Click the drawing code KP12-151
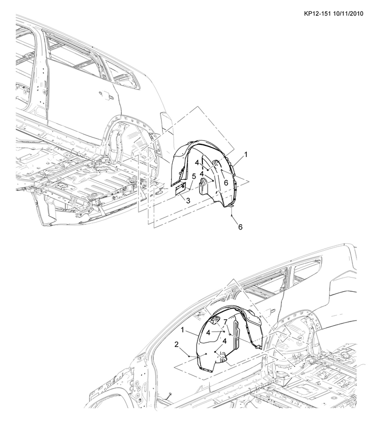click(x=317, y=14)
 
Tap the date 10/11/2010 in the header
click(x=348, y=14)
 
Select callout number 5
click(x=194, y=177)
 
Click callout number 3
click(x=188, y=201)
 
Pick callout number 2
click(x=176, y=345)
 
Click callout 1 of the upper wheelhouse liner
click(x=246, y=154)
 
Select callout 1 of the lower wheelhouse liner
click(x=182, y=330)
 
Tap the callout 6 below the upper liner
click(x=240, y=227)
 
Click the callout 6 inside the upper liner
click(x=226, y=183)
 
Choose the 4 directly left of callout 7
click(x=208, y=333)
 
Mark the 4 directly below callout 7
click(x=225, y=341)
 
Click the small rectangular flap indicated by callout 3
click(x=180, y=189)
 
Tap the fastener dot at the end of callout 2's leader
click(x=189, y=356)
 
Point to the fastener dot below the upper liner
click(x=231, y=216)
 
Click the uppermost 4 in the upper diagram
click(x=197, y=163)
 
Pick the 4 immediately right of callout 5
click(x=202, y=174)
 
